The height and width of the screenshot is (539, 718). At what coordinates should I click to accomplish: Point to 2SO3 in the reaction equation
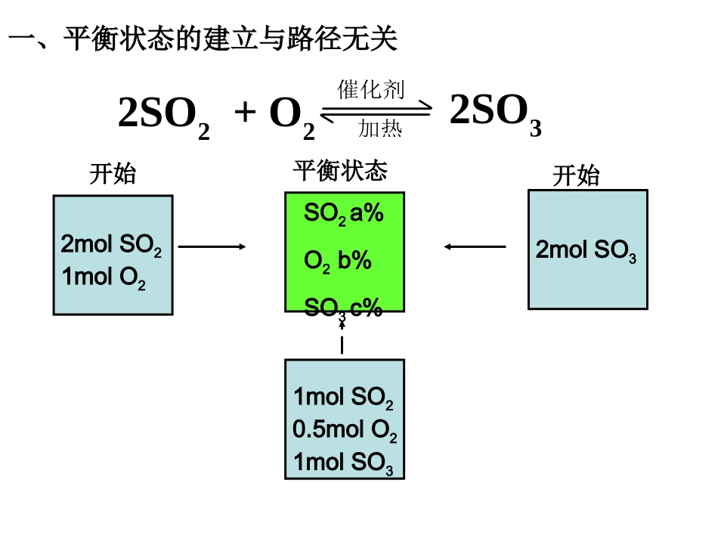coord(495,113)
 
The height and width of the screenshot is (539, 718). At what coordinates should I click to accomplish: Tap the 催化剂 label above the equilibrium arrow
coord(370,91)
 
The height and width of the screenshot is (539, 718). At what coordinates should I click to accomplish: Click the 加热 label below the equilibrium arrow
coord(379,129)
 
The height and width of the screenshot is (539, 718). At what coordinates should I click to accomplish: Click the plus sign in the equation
coord(245,113)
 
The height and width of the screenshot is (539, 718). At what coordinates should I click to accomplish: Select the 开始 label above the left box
coord(113,174)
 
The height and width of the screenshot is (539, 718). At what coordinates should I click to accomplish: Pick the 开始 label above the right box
coord(576,176)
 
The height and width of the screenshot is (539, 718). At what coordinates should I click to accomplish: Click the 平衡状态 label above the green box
coord(340,171)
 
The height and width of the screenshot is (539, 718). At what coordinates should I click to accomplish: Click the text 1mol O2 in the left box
coord(104,278)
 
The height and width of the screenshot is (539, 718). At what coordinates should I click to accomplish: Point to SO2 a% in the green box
coord(344,215)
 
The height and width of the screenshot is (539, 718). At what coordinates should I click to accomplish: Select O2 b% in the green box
coord(338,262)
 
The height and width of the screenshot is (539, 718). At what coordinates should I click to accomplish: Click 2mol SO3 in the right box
coord(586,252)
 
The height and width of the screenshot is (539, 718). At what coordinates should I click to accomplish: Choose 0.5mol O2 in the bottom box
coord(345,431)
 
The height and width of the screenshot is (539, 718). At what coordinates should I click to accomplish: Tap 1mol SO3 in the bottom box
coord(343,463)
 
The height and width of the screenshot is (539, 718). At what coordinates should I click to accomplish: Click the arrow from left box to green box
coord(212,246)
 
